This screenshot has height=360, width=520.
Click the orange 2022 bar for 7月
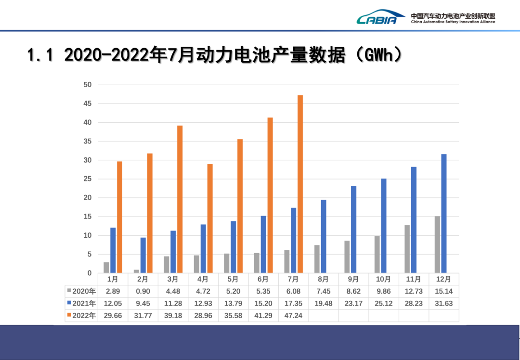[300, 184]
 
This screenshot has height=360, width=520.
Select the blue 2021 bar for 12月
[443, 214]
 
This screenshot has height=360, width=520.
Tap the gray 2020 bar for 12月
[437, 244]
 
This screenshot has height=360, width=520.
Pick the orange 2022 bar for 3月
[180, 199]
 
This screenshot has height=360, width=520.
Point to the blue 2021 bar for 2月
[143, 255]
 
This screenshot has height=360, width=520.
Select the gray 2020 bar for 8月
[317, 259]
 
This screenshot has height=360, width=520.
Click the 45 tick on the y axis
[88, 103]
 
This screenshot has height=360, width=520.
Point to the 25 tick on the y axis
[88, 179]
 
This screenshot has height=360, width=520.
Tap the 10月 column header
[383, 279]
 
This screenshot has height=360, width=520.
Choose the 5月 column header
[233, 279]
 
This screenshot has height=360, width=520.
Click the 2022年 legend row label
[81, 316]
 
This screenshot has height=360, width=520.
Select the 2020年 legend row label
[81, 291]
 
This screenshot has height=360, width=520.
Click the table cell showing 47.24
[293, 316]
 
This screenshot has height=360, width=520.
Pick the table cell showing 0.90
[143, 291]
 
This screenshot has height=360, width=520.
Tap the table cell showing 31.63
[443, 304]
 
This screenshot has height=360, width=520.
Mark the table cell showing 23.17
[353, 304]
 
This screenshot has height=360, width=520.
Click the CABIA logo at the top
[377, 18]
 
